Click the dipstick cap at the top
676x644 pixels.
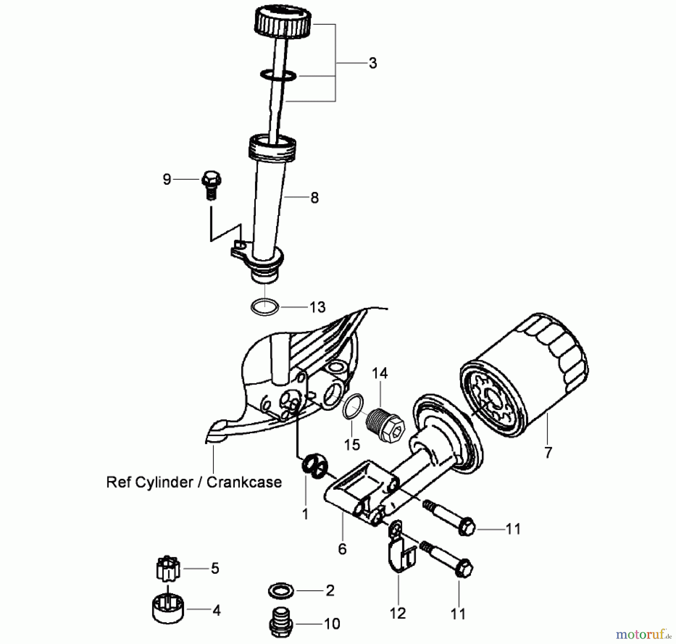283,23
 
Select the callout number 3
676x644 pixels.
373,63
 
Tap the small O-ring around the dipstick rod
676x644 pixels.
278,75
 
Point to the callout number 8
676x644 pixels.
314,198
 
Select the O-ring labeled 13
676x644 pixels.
265,307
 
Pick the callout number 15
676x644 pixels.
352,445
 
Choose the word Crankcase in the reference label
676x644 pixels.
244,482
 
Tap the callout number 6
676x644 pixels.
342,549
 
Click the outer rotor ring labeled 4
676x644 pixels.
168,611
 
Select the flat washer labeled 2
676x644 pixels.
282,591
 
